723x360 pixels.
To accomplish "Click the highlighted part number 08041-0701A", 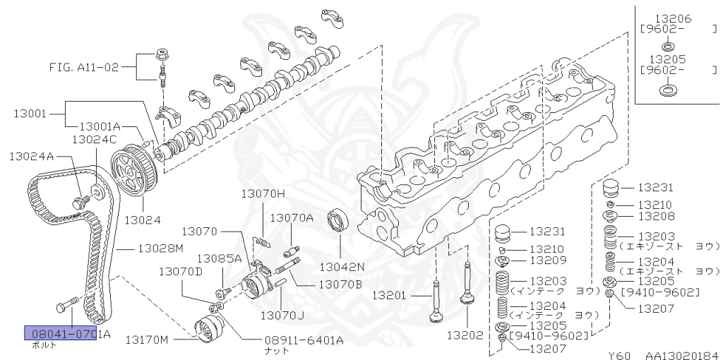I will point(68,334).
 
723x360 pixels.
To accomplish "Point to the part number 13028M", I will point(160,248).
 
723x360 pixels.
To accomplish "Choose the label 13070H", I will point(263,193).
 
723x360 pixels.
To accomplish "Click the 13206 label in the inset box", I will point(674,19).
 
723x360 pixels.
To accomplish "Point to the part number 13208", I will point(656,216).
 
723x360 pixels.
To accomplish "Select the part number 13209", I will point(547,260).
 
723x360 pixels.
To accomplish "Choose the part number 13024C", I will point(94,139).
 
